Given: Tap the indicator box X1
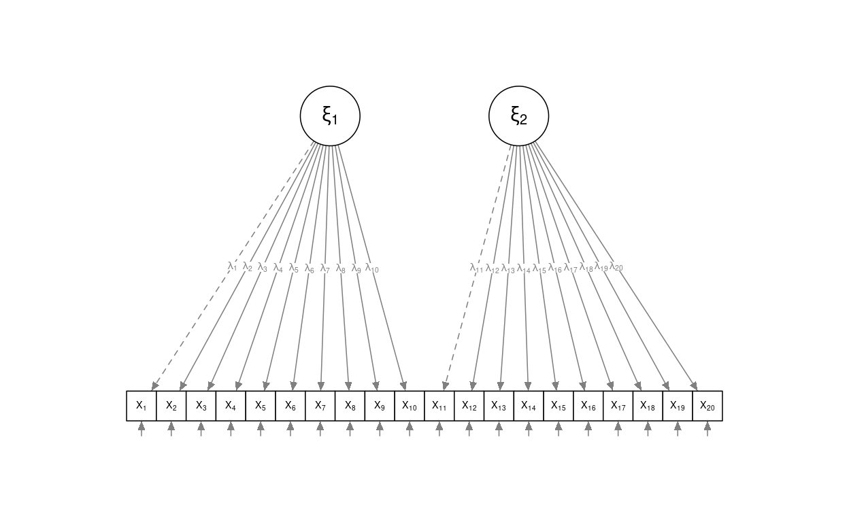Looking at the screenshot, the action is [x=141, y=406].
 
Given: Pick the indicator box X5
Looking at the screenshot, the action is [x=261, y=406].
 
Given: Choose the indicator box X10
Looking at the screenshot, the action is [x=410, y=406].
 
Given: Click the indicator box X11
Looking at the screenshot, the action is [x=439, y=406].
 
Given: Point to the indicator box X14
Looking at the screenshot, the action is [x=529, y=406].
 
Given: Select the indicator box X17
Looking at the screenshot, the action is [x=618, y=406].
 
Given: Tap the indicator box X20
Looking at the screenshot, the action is [x=707, y=406].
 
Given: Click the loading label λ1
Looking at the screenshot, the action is [x=233, y=266].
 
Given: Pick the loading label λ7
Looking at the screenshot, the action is [x=324, y=268].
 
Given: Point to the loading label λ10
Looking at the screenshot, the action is [x=372, y=268].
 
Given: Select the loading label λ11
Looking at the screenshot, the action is [x=476, y=268].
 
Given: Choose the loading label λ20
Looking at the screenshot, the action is [x=616, y=266].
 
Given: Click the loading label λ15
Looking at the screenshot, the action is [x=539, y=268].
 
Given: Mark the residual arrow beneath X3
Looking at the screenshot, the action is [x=201, y=429].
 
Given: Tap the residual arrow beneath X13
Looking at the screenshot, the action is [x=499, y=429].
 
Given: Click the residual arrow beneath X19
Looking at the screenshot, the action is [x=678, y=429].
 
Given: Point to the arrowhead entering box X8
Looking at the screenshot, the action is [x=349, y=386].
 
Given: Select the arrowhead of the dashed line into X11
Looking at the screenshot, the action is [x=445, y=386].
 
